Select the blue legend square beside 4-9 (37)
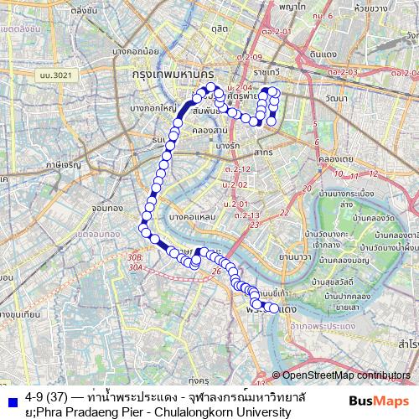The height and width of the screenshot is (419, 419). (x=11, y=398)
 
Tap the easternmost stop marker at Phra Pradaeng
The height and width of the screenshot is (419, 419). (x=272, y=308)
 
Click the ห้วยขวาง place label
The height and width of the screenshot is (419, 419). (x=392, y=9)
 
